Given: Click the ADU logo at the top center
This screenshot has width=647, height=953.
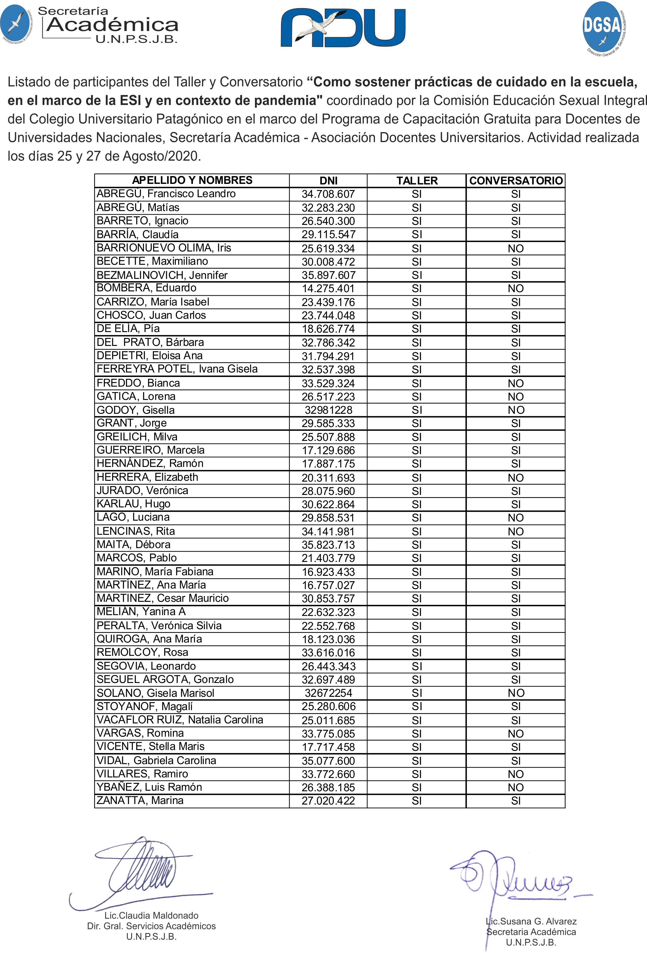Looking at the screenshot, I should (x=343, y=28).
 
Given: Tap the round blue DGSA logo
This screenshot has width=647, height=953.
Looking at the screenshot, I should (x=602, y=28).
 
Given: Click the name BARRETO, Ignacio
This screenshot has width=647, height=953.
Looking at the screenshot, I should (x=142, y=221).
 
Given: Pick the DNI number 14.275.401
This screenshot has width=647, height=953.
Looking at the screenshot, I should (x=328, y=289).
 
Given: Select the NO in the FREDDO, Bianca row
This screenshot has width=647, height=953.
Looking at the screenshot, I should (x=515, y=383).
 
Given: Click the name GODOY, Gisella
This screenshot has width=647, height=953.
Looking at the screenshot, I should (x=135, y=410).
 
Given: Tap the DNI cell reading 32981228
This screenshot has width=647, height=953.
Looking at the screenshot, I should (x=328, y=410).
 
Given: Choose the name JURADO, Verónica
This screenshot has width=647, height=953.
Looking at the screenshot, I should (x=142, y=490).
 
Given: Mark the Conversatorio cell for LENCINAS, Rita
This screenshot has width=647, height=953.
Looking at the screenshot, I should (x=515, y=531).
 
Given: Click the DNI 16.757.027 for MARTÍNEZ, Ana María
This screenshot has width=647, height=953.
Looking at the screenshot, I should (x=328, y=585).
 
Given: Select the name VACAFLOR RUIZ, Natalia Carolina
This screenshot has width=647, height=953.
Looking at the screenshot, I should (x=180, y=720).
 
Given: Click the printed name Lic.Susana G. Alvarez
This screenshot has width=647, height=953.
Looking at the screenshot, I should (x=531, y=921).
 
